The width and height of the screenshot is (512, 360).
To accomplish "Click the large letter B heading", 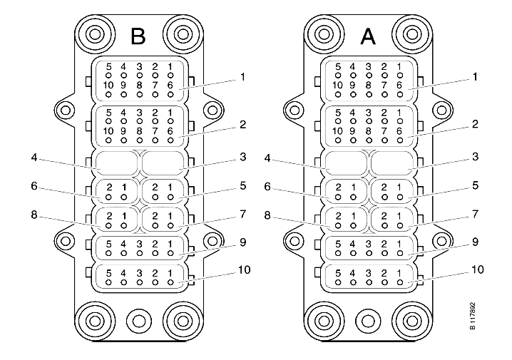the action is click(138, 36).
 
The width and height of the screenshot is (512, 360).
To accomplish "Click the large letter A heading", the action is click(368, 36).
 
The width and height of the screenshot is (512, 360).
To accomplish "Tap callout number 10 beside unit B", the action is click(245, 270).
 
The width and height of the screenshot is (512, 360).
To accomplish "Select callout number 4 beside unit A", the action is click(267, 159).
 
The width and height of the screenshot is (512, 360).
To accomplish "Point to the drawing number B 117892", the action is click(473, 316).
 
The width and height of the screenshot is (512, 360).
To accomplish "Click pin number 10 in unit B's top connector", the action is click(108, 85).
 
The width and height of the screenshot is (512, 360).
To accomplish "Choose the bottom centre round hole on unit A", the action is click(368, 321).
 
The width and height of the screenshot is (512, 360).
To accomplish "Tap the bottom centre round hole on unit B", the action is click(139, 321).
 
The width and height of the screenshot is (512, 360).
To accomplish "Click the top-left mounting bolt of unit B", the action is click(95, 34).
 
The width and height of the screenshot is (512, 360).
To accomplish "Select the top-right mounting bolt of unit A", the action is click(412, 34).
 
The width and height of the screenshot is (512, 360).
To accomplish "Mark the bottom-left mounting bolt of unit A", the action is click(324, 321).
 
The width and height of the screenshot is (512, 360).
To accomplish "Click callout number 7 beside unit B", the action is click(242, 215).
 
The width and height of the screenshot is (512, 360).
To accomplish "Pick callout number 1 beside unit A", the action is click(475, 77).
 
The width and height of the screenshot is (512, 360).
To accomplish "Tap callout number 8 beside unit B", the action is click(34, 215).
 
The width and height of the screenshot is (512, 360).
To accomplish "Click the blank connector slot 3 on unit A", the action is click(392, 163).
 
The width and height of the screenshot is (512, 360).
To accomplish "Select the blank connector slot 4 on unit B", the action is click(117, 163).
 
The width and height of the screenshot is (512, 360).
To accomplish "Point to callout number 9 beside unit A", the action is click(475, 242).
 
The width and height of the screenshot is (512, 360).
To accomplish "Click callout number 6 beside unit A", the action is click(267, 187).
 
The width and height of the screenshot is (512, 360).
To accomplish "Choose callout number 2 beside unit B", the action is click(242, 124).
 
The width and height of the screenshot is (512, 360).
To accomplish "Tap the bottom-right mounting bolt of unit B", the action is click(183, 321).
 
